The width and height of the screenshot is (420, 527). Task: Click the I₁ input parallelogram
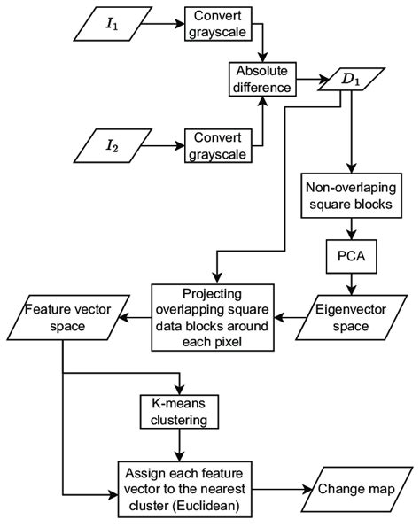113,24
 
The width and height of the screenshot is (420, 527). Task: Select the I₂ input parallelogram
113,146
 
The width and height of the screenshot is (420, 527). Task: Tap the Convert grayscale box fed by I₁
218,24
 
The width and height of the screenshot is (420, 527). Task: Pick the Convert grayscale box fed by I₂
218,146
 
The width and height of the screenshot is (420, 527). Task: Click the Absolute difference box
262,80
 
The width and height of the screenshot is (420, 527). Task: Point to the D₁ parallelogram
351,80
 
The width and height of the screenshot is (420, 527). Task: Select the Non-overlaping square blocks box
351,196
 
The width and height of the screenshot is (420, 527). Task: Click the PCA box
351,257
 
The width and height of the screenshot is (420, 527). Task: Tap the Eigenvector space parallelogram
351,318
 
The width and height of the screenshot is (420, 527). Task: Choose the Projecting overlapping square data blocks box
213,318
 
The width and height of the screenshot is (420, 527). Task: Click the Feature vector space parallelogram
68,318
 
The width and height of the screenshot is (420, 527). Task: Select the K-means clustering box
179,412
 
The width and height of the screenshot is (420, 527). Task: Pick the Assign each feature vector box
184,489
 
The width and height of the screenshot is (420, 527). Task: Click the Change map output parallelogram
356,489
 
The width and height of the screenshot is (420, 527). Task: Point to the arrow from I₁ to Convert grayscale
163,24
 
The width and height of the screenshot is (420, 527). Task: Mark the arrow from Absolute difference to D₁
312,80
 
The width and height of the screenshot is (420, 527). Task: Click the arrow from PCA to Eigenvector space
352,284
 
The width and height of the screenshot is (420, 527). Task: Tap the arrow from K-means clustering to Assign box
180,445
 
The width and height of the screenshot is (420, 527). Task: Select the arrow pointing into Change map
282,489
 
